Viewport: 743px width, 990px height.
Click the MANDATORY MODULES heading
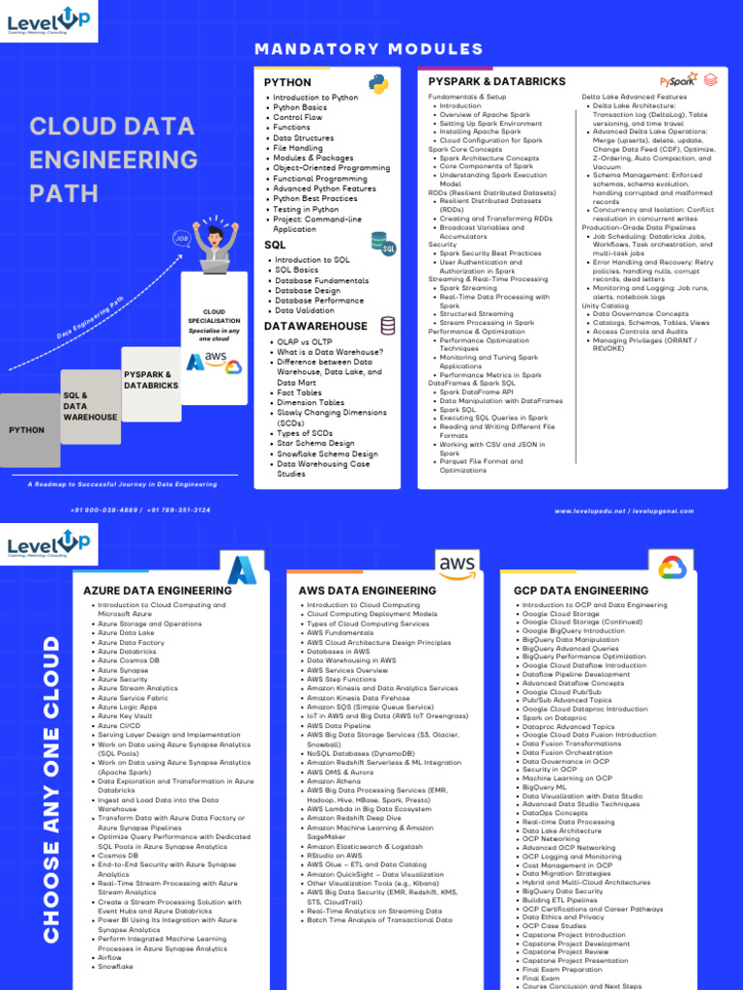coord(369,49)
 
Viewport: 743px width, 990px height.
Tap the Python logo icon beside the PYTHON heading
coord(378,84)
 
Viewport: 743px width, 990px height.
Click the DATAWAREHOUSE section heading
coord(315,326)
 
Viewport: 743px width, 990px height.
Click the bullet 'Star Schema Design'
coord(315,444)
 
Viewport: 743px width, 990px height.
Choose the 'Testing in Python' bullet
coord(306,209)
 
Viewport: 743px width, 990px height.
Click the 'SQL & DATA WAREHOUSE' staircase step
coord(90,406)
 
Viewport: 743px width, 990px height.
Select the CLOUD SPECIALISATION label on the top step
coord(214,316)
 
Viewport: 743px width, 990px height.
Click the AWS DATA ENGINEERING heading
coord(367,590)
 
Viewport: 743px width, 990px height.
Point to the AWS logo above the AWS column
coord(457,565)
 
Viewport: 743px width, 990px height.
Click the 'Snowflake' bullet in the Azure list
coord(116,967)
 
